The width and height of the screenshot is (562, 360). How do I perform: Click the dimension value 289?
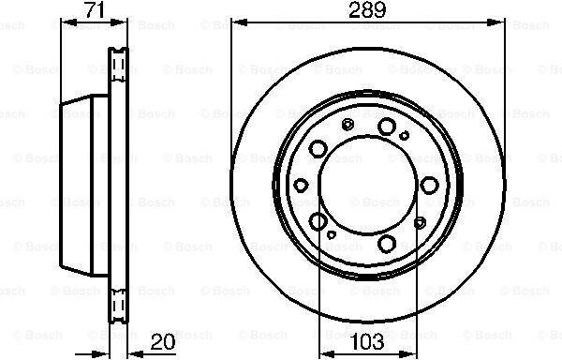tap(367, 9)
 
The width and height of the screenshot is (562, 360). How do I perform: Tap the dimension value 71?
tap(95, 9)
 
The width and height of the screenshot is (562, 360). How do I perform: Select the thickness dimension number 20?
tap(163, 341)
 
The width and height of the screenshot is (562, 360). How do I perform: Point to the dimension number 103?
tap(367, 341)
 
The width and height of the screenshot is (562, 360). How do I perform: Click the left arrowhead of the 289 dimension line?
tap(239, 22)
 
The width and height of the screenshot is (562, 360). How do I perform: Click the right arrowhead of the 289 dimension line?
tap(497, 22)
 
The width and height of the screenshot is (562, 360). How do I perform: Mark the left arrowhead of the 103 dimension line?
tap(327, 353)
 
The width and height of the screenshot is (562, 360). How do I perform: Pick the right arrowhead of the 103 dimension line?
tap(409, 353)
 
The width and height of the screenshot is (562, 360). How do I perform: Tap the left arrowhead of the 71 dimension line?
tap(69, 22)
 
